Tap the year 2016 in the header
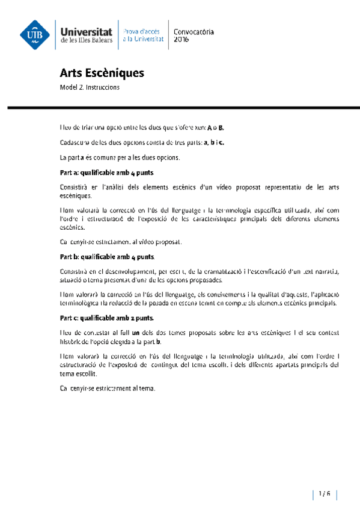click(180, 39)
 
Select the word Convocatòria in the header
click(193, 31)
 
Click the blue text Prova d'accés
click(142, 31)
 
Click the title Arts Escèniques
click(102, 73)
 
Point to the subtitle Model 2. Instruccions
click(90, 87)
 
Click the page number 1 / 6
click(325, 494)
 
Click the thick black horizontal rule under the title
click(180, 108)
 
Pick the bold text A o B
click(215, 128)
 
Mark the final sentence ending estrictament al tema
click(108, 388)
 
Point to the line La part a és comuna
click(111, 158)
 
